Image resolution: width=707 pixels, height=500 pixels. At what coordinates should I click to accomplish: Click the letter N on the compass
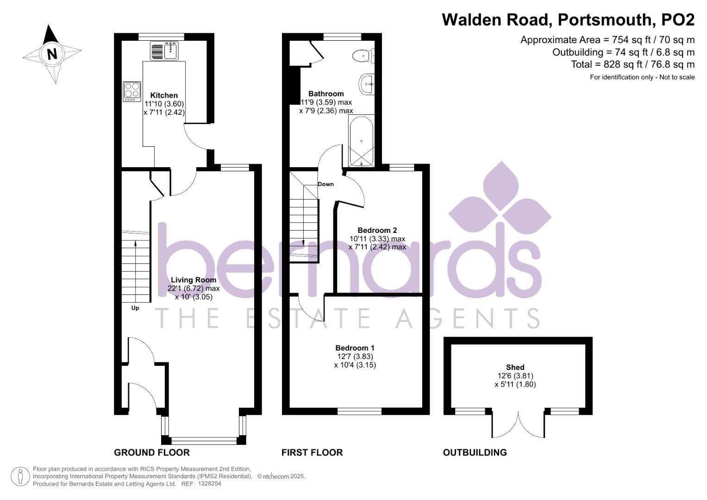click(x=52, y=54)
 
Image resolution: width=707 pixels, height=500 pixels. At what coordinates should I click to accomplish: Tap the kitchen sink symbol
click(x=164, y=50)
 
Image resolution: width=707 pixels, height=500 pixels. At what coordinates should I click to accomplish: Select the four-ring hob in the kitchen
click(x=132, y=91)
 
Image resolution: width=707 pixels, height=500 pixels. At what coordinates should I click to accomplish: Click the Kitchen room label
click(x=164, y=95)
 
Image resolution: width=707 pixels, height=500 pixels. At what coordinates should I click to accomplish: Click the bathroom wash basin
click(x=366, y=84)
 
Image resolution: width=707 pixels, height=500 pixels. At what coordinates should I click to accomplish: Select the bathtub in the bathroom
click(x=361, y=141)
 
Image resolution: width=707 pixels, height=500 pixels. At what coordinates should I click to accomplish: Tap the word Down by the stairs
click(x=325, y=184)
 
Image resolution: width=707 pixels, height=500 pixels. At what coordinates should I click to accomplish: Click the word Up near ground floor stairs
click(x=135, y=308)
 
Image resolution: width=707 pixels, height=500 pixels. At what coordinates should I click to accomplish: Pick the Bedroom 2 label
click(x=377, y=230)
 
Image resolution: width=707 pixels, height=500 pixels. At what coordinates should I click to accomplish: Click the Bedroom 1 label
click(x=355, y=348)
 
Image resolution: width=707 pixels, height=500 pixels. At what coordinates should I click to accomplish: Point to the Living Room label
click(x=194, y=280)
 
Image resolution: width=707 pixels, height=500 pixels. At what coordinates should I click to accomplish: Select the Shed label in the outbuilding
click(x=515, y=367)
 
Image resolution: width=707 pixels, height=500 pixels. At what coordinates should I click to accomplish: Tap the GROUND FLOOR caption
click(x=152, y=452)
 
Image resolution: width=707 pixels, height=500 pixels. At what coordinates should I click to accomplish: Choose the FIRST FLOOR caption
click(x=312, y=452)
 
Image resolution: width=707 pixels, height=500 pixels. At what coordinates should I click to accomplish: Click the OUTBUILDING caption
click(x=475, y=452)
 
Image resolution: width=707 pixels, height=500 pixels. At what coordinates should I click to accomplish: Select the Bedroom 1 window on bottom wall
click(x=359, y=411)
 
